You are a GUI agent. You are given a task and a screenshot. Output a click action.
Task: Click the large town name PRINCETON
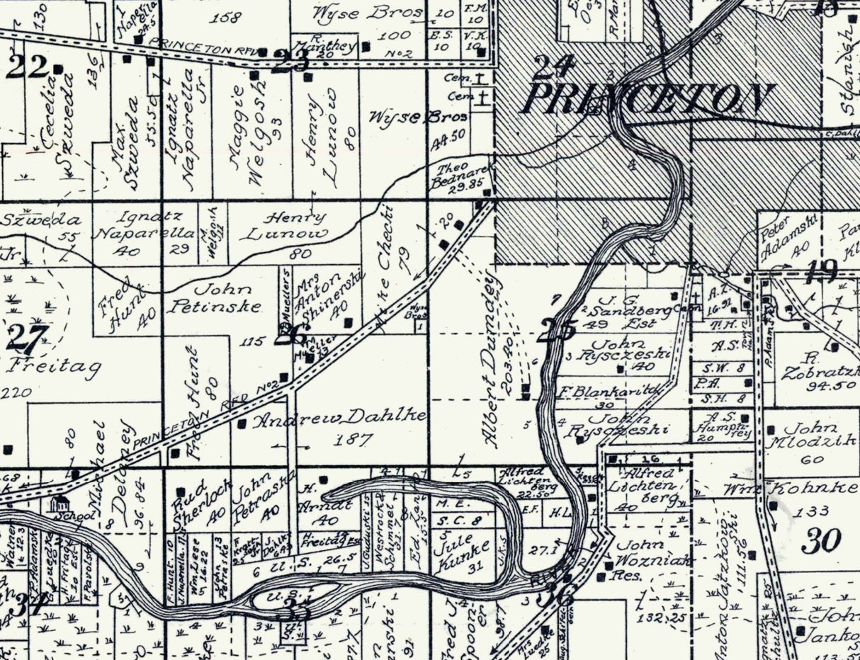(x=647, y=99)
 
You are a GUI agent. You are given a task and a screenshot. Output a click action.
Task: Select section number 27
(x=28, y=338)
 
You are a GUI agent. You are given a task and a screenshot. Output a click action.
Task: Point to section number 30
(x=822, y=540)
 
